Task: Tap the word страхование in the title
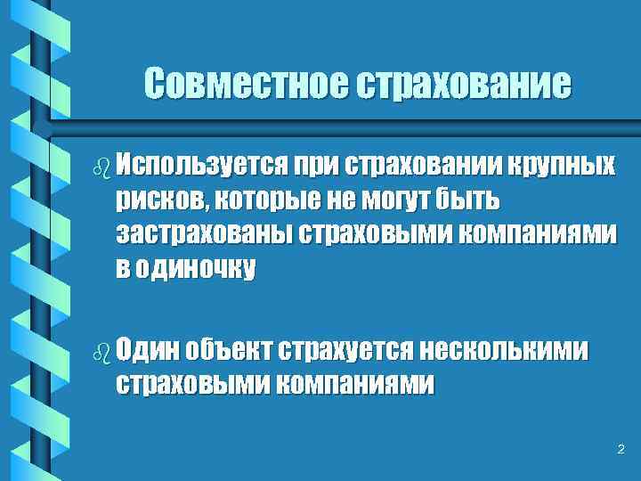pos(462,85)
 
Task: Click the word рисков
pos(157,200)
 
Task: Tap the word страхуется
pos(346,349)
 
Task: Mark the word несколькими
pos(504,349)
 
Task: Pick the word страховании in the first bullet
pos(426,166)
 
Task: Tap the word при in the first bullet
pos(316,166)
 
